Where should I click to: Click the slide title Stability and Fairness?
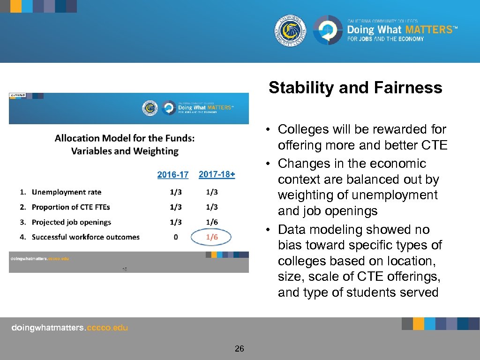(x=355, y=88)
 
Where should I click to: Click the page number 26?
(x=240, y=348)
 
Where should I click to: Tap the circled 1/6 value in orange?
(x=212, y=237)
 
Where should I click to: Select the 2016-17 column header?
(x=173, y=175)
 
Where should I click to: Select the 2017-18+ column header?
(x=217, y=174)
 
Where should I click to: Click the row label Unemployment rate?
(x=66, y=192)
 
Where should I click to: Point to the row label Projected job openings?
(x=71, y=222)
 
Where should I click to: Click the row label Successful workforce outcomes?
(x=85, y=237)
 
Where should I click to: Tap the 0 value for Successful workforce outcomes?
(x=176, y=237)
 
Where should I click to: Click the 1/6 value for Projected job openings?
(x=212, y=222)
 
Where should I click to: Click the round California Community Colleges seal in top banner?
(x=291, y=30)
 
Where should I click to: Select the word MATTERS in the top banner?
(x=428, y=30)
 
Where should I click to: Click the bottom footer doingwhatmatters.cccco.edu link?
(x=69, y=328)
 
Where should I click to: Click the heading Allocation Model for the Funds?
(x=125, y=138)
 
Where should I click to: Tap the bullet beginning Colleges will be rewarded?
(x=362, y=129)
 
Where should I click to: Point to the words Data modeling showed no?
(x=353, y=230)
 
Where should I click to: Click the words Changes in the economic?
(x=352, y=164)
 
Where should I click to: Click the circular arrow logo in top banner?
(x=328, y=30)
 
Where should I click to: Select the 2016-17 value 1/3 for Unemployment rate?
(x=176, y=192)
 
